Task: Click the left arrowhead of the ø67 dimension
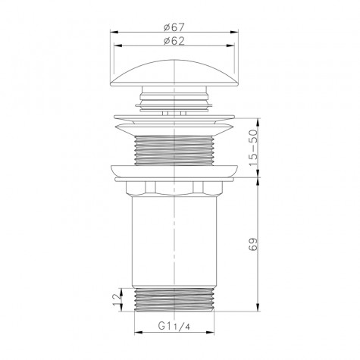(x=114, y=33)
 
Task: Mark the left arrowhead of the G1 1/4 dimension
(x=136, y=334)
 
